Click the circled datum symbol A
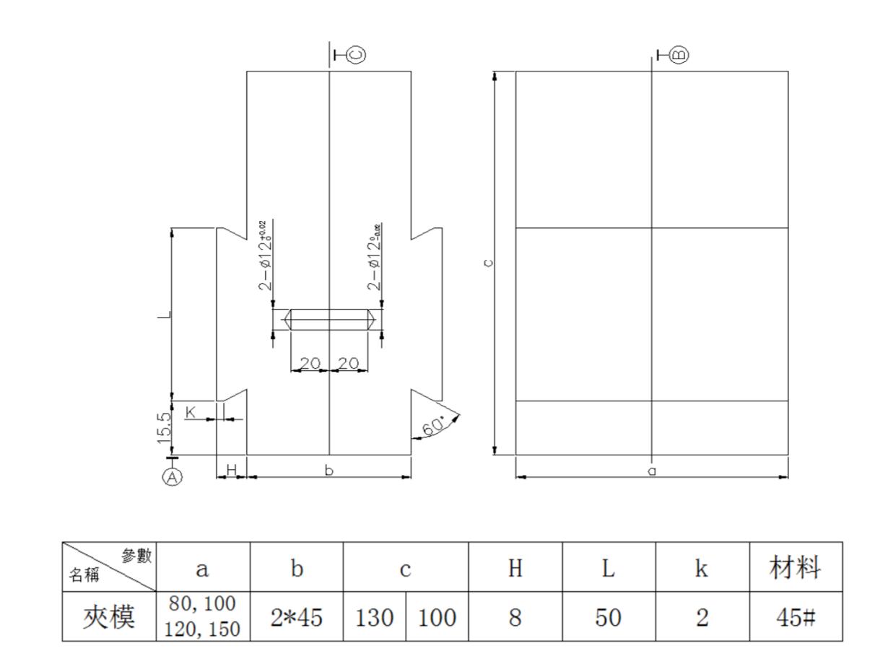pos(172,476)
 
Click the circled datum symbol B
pos(679,54)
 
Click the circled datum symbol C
pos(355,54)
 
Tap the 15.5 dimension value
pos(165,427)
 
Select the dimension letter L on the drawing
pos(165,315)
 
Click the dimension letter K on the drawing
pos(191,411)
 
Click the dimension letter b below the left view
pos(329,471)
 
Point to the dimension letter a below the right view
pos(652,471)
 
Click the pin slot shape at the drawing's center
pos(329,320)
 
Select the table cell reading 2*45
pos(296,618)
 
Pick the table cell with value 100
pos(437,618)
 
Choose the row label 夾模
pos(110,618)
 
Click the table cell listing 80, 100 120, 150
pos(203,618)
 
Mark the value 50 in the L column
pos(609,618)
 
